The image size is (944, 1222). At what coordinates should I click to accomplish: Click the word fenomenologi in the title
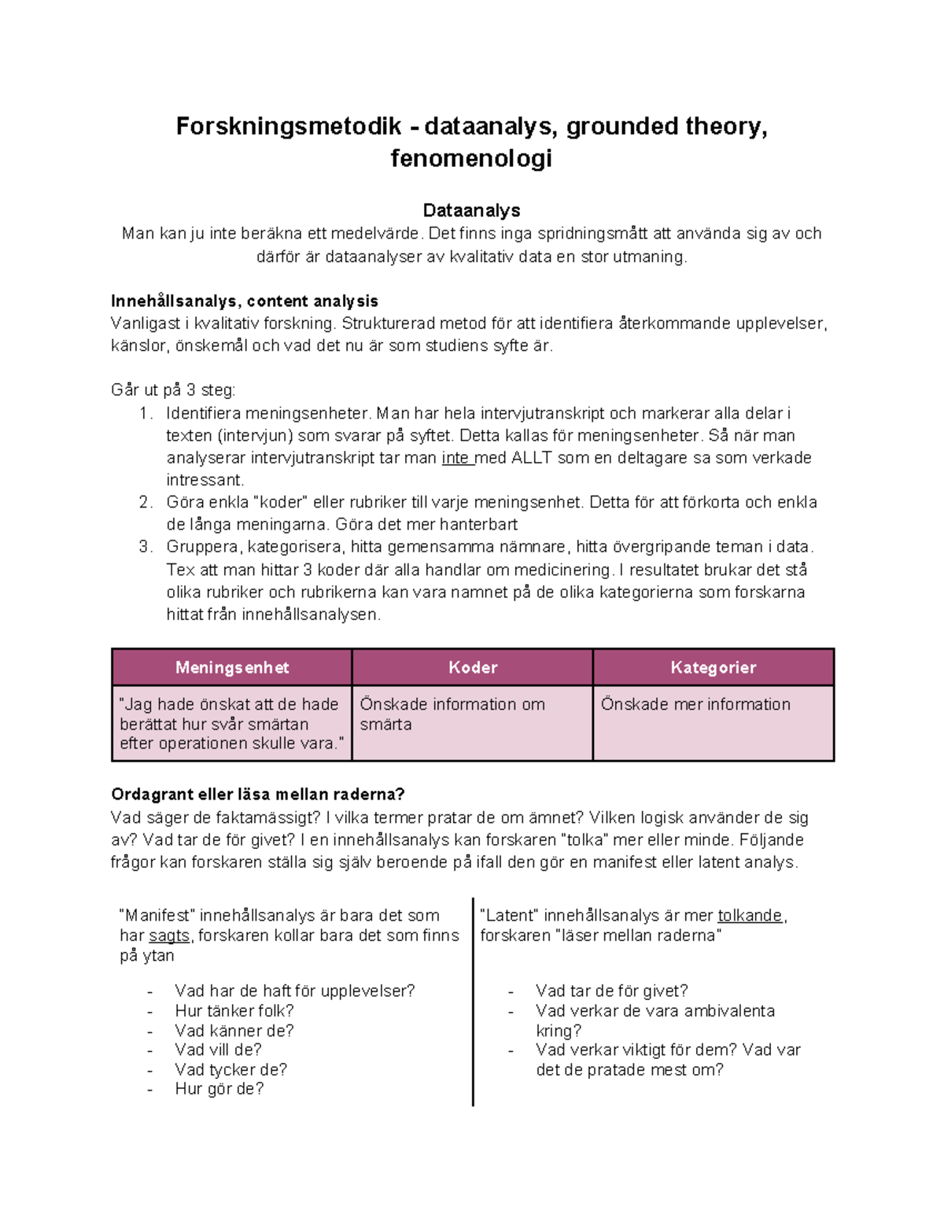(471, 158)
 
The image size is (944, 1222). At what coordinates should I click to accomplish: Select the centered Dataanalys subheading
(471, 210)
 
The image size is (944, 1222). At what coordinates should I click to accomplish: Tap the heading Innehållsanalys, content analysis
(245, 301)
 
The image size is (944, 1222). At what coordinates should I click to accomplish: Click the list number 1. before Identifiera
(146, 413)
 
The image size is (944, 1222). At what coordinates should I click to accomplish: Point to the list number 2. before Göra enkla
(146, 502)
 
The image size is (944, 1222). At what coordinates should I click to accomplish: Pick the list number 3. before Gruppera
(146, 547)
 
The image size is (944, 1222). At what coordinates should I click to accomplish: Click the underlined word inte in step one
(455, 458)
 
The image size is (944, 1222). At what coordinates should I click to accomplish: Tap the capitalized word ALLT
(532, 458)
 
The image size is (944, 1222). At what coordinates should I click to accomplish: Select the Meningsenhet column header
(232, 667)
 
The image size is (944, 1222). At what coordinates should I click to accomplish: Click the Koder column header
(472, 667)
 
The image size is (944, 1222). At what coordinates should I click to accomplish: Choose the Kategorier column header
(713, 667)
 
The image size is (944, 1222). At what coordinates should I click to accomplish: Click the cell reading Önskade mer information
(695, 704)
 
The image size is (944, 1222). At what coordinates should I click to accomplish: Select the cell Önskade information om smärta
(452, 714)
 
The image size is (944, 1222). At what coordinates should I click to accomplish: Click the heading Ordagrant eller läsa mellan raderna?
(258, 794)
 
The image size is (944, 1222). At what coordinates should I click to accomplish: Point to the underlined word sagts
(169, 936)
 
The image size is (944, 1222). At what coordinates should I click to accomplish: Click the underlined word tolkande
(750, 915)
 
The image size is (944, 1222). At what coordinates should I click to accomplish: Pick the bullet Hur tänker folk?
(234, 1010)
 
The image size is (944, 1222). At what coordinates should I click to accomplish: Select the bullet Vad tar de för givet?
(611, 991)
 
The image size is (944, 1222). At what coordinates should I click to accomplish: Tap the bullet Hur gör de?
(219, 1088)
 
